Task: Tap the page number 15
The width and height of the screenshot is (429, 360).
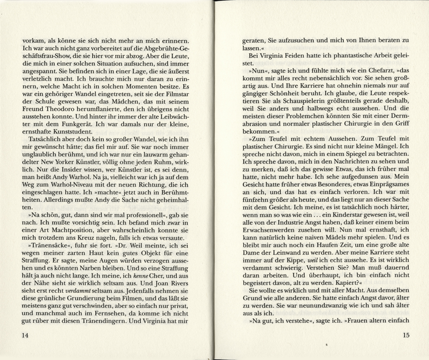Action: [x=406, y=335]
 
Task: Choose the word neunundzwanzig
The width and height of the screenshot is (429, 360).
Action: [x=333, y=305]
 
